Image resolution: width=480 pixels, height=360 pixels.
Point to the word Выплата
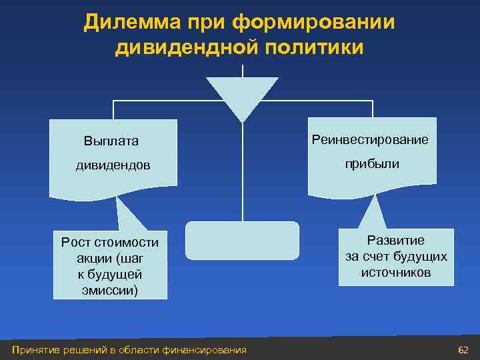tap(111, 141)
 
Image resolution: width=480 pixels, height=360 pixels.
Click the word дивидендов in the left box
tap(112, 165)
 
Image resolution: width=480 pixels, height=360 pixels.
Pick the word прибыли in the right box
tap(372, 163)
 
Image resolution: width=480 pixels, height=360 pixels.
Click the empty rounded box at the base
tap(242, 240)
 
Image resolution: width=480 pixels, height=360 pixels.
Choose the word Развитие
tap(396, 241)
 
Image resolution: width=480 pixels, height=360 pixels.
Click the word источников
tap(396, 273)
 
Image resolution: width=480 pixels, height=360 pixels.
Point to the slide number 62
tap(463, 350)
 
